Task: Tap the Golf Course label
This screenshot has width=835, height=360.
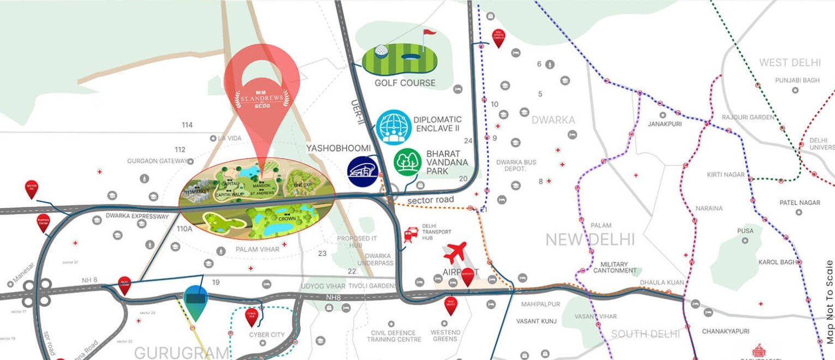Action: tap(405, 83)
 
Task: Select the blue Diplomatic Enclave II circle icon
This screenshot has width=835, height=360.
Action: tap(393, 127)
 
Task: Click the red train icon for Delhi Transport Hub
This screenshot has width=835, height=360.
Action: tap(410, 235)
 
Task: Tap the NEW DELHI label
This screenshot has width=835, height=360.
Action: tap(591, 239)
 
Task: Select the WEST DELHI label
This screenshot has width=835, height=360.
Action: tap(789, 63)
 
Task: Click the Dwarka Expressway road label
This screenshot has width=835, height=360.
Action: tap(138, 217)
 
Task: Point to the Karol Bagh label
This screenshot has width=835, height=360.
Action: tap(778, 262)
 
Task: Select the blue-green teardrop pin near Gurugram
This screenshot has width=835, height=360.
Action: tap(195, 302)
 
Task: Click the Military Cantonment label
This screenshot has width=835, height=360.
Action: tap(615, 267)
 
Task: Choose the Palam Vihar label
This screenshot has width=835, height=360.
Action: tap(258, 249)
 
